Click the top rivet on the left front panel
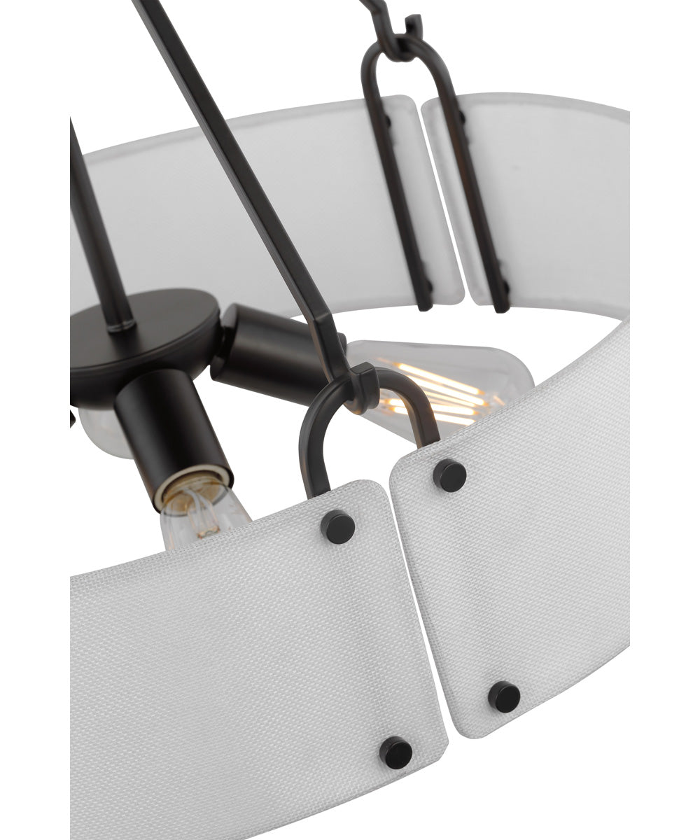(337, 526)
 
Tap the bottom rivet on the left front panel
(395, 752)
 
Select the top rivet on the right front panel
(449, 475)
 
